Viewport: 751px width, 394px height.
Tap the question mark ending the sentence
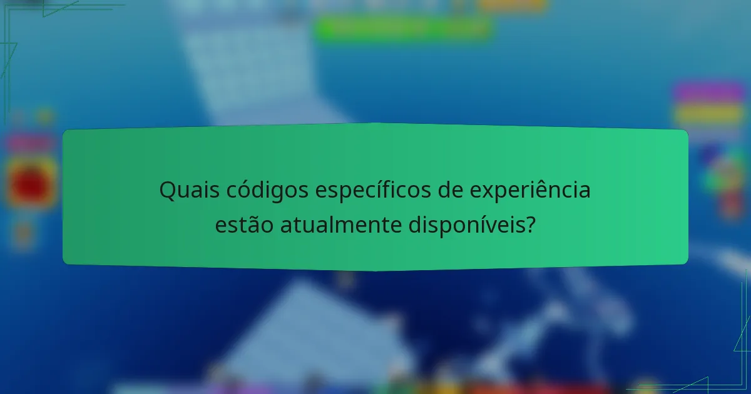tap(531, 225)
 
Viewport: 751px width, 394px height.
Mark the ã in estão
tap(255, 225)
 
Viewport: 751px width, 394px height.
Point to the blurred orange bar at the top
tap(513, 4)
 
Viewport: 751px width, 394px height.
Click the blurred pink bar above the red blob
tap(30, 143)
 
